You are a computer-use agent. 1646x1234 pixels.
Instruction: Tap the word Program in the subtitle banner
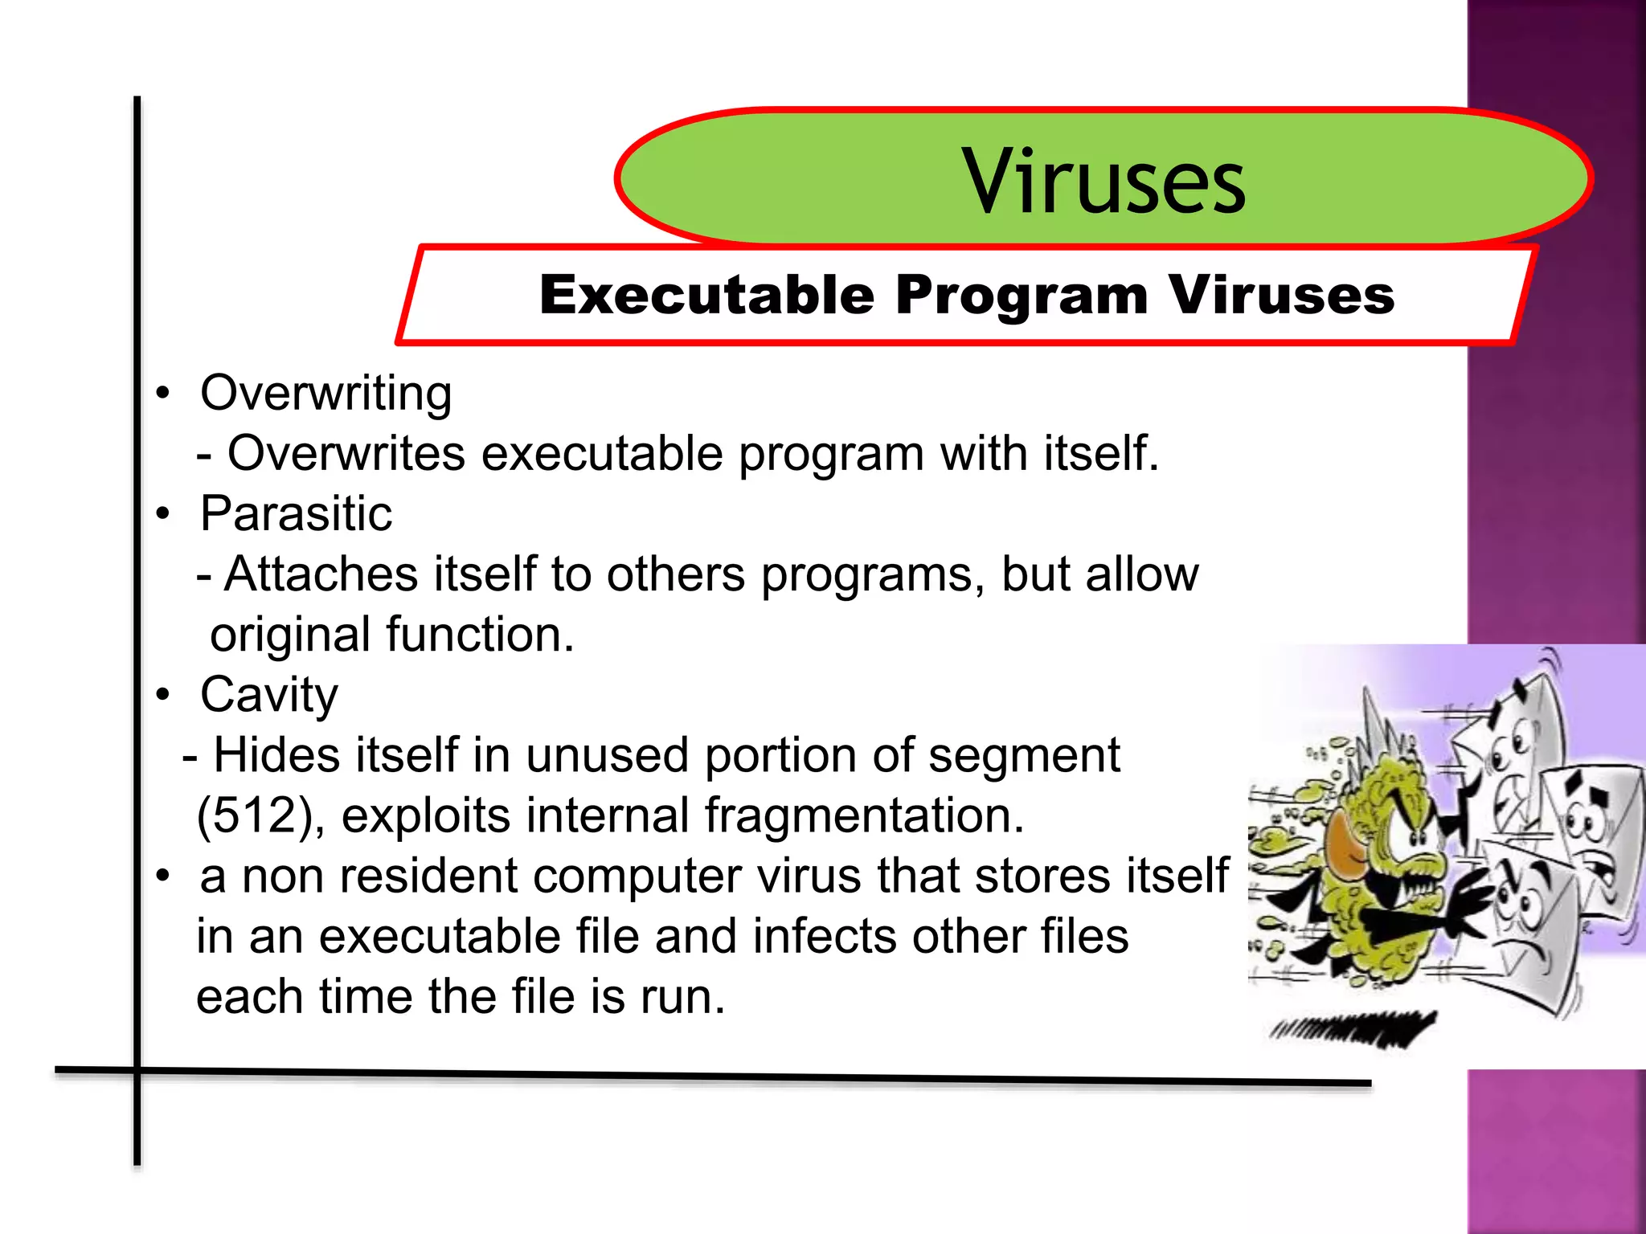(1022, 295)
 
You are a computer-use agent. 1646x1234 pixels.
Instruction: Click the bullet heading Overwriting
(326, 394)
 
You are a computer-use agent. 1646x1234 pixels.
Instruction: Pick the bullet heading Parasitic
(297, 514)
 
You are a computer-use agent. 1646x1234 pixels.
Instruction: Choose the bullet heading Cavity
(269, 696)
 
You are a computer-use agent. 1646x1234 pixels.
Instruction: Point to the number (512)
(260, 816)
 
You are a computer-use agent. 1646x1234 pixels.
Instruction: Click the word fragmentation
(864, 816)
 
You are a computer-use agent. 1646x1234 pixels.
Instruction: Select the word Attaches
(321, 574)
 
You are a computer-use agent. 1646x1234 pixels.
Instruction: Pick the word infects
(823, 937)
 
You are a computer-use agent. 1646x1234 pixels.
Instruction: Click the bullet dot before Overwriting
(164, 394)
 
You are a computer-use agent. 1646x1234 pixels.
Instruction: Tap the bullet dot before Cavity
(164, 695)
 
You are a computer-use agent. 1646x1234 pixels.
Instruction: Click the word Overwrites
(346, 454)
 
